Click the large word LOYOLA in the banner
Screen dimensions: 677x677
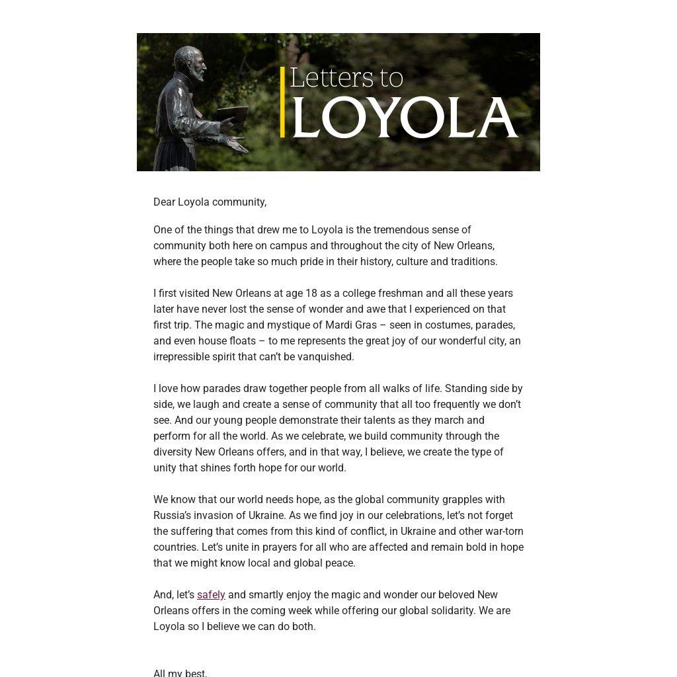click(405, 118)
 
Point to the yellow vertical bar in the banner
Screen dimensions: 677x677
click(282, 102)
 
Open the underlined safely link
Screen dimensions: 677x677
click(211, 594)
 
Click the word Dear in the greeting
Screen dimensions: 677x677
click(164, 202)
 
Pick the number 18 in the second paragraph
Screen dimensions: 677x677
click(311, 293)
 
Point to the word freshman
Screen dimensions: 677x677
click(401, 293)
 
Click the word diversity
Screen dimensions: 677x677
click(173, 452)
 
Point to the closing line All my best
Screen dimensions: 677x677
click(180, 672)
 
